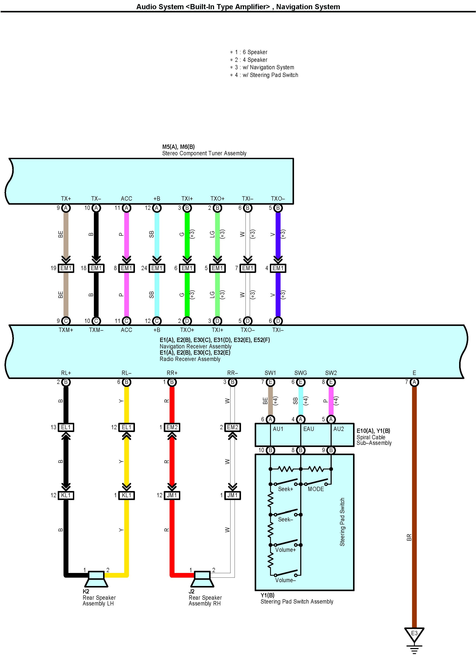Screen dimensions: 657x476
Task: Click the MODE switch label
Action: pos(315,489)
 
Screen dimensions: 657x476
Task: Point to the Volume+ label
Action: pos(285,549)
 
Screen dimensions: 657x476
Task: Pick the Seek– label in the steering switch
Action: pos(285,519)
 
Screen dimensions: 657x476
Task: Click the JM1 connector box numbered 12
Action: pos(172,495)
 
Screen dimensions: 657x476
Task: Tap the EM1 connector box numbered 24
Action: pos(157,268)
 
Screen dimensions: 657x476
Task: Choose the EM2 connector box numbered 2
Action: pos(232,427)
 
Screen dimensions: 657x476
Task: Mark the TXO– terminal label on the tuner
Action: pos(278,199)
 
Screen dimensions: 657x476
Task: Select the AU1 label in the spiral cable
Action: pos(278,429)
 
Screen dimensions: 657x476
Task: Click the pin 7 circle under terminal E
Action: pos(414,382)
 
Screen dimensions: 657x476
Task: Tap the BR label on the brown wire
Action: pos(409,538)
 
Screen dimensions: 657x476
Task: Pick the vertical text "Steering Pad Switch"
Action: pos(342,522)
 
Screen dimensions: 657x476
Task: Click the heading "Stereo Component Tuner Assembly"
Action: pos(204,153)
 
